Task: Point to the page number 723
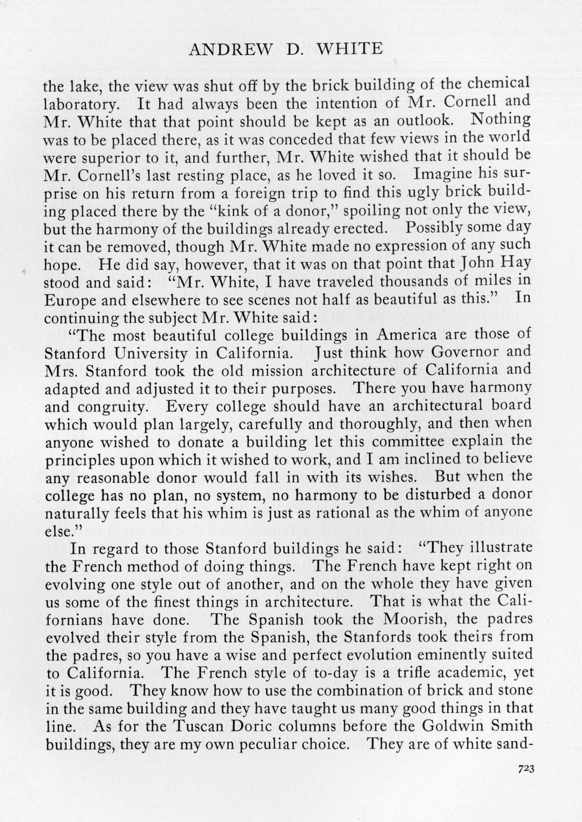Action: point(526,769)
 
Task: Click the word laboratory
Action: point(82,104)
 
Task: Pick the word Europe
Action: point(67,300)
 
